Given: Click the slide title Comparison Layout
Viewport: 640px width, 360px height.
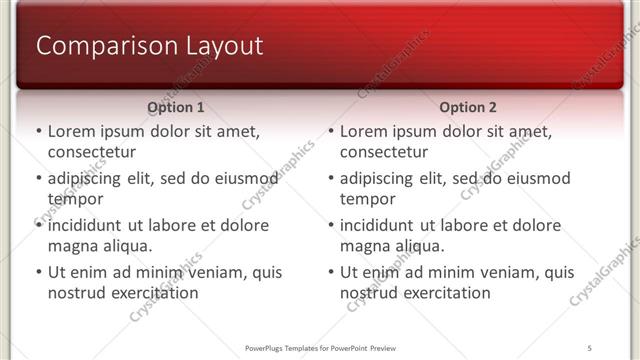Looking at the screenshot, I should click(x=149, y=46).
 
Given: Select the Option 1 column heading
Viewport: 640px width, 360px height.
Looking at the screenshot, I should click(x=175, y=106).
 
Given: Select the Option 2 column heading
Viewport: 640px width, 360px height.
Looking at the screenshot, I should click(x=467, y=106).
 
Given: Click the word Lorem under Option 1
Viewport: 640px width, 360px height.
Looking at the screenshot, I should click(x=71, y=131).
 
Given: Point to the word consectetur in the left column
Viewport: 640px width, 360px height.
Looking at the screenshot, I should click(x=91, y=152).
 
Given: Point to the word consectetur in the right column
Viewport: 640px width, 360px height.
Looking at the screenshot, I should click(x=383, y=152).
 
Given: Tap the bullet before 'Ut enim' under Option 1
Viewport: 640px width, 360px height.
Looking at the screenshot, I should click(x=38, y=272).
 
